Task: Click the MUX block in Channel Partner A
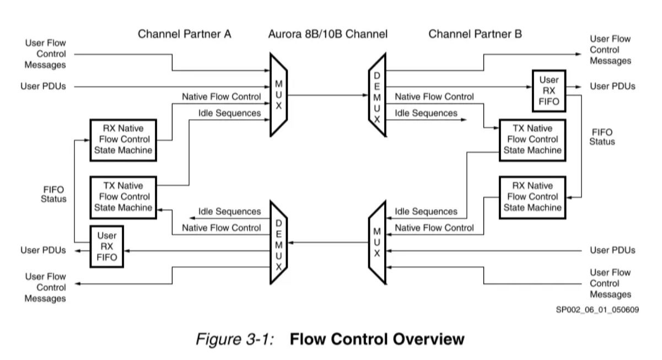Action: tap(279, 95)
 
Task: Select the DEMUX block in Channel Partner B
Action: tap(377, 95)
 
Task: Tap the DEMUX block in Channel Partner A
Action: tap(279, 243)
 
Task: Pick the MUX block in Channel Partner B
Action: tap(377, 243)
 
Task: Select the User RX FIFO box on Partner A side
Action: tap(107, 247)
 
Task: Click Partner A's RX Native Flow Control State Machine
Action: tap(122, 139)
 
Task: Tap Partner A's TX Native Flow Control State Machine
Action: tap(122, 197)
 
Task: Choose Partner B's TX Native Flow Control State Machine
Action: tap(531, 139)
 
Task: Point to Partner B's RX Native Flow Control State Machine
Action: tap(531, 197)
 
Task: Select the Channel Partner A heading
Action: tap(184, 34)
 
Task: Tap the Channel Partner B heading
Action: tap(475, 34)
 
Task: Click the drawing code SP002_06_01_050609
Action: tap(598, 310)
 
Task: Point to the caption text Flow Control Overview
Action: tap(377, 339)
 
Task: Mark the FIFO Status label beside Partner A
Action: tap(53, 194)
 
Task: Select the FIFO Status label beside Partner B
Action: tap(602, 137)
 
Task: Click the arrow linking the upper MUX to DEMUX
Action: tap(327, 95)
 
